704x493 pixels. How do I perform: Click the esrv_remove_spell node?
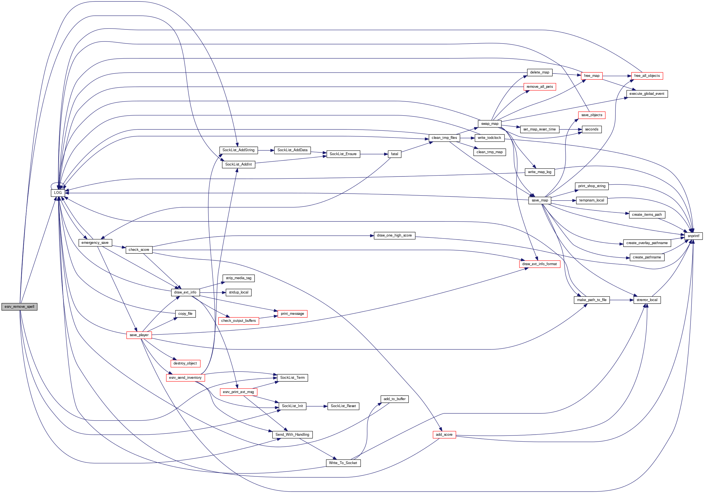(x=19, y=307)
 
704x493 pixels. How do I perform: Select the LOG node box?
(x=58, y=193)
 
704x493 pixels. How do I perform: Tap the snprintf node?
(x=693, y=236)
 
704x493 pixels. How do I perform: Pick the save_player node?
(x=139, y=335)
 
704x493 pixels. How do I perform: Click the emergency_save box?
(x=95, y=243)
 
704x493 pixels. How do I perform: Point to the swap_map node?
(x=489, y=124)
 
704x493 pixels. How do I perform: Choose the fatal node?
(x=394, y=154)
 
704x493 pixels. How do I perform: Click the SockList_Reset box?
(x=343, y=406)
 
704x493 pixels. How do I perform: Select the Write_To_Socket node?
(x=343, y=463)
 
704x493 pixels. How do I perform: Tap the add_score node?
(x=444, y=434)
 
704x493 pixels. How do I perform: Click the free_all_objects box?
(x=647, y=76)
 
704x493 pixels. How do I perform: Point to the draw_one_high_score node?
(x=394, y=235)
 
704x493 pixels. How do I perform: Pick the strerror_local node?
(x=647, y=300)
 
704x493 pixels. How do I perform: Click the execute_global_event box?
(x=647, y=94)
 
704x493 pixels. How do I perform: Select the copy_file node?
(x=185, y=314)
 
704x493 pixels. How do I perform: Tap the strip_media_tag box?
(x=239, y=278)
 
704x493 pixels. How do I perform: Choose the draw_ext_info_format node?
(x=540, y=264)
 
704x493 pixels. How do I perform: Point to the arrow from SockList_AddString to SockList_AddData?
(x=266, y=150)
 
